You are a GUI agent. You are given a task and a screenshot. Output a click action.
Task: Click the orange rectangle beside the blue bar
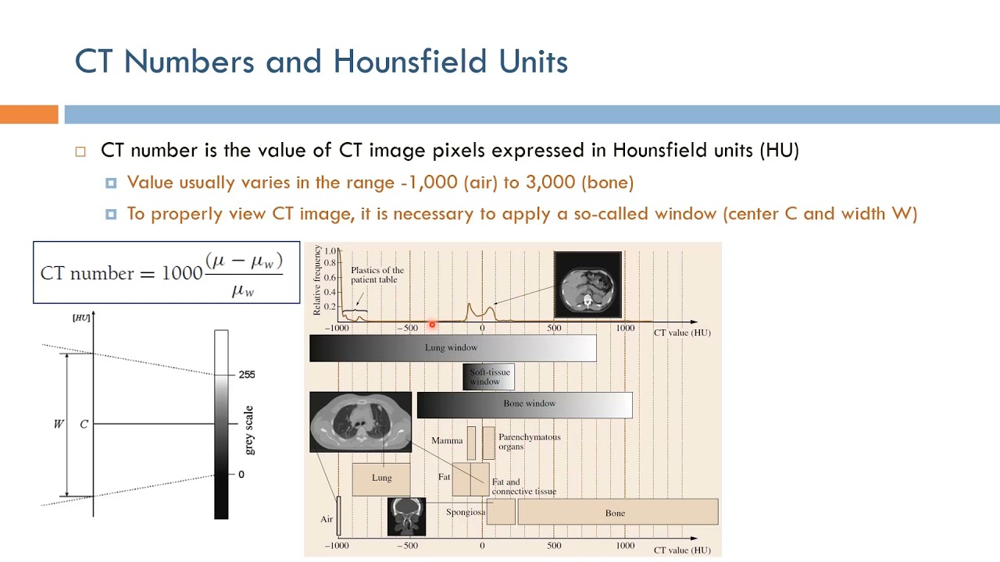click(x=29, y=115)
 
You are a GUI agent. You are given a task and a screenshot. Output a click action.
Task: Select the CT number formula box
click(x=166, y=272)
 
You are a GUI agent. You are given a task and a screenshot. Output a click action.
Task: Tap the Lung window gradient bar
click(x=452, y=348)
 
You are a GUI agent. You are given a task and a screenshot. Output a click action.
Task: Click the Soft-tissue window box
click(x=489, y=377)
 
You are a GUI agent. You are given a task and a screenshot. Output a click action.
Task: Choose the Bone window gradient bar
click(x=524, y=404)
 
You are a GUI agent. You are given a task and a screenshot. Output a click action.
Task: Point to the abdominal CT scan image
click(x=587, y=284)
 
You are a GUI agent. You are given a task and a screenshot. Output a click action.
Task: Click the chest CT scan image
click(x=360, y=421)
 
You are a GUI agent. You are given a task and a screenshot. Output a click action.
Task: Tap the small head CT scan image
click(x=406, y=517)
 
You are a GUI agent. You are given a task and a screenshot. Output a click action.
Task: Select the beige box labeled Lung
click(x=381, y=478)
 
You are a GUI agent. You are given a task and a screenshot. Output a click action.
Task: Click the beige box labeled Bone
click(x=617, y=513)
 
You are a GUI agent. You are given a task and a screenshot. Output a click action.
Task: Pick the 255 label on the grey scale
click(x=246, y=375)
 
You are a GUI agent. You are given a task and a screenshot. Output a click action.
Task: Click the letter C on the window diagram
click(x=84, y=424)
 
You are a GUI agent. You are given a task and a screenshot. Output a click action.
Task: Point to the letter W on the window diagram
click(x=58, y=424)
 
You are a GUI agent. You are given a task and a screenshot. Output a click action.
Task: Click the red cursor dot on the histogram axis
click(x=432, y=325)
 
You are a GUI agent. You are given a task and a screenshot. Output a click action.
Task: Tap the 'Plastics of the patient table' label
click(x=377, y=275)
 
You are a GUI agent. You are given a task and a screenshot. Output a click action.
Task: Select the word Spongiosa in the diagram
click(x=466, y=513)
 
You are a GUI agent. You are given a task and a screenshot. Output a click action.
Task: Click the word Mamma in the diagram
click(x=447, y=441)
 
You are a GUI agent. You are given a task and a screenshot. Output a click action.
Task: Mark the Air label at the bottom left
click(x=327, y=519)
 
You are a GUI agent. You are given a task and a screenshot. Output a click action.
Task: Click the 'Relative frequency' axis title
click(x=317, y=280)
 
